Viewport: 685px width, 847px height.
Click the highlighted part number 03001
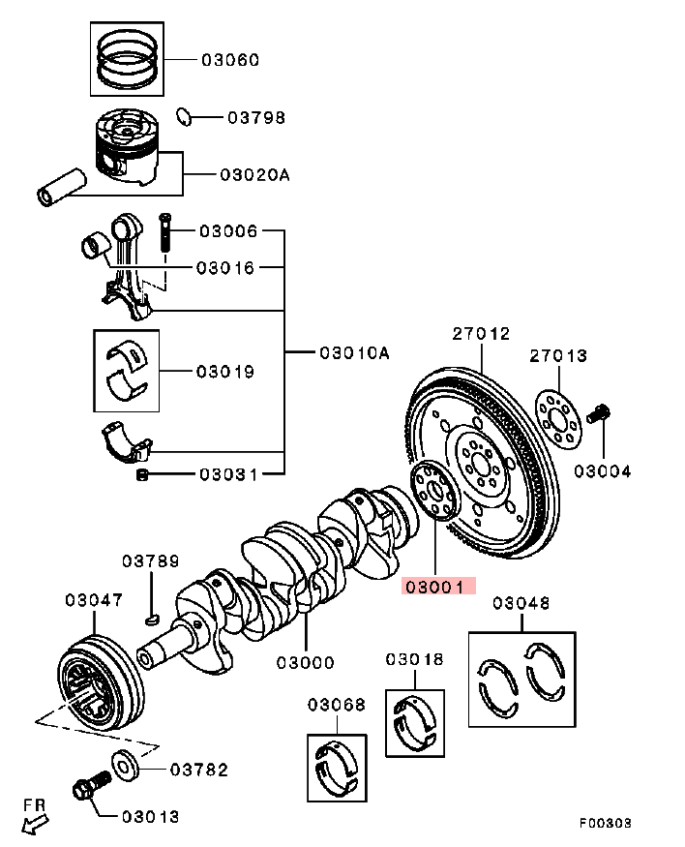(x=433, y=587)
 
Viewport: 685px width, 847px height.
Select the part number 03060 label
(x=230, y=60)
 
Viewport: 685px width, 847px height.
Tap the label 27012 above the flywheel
(x=481, y=334)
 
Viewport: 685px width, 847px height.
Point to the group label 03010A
(x=354, y=353)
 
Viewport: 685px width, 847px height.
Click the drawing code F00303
(x=605, y=823)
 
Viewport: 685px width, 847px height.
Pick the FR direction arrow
(x=35, y=819)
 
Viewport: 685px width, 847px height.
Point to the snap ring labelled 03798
(x=184, y=117)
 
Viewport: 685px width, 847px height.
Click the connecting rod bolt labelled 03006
(x=164, y=233)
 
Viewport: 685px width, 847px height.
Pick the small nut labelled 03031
(x=142, y=474)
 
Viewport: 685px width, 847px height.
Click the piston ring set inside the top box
(x=129, y=58)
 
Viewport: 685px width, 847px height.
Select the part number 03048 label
(x=521, y=604)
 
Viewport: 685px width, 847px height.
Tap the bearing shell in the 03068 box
(x=339, y=765)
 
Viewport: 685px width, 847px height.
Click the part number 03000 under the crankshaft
(x=305, y=663)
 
